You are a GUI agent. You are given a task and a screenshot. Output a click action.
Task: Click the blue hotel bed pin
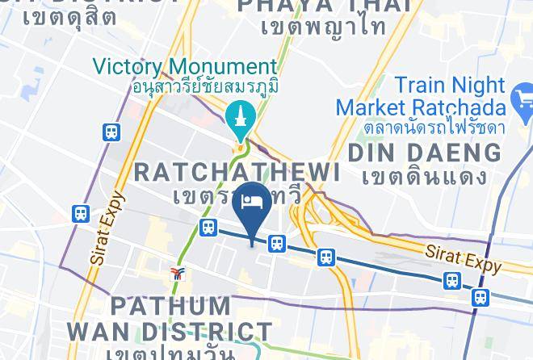coord(250,204)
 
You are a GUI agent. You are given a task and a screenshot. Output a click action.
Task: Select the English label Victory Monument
coord(184,67)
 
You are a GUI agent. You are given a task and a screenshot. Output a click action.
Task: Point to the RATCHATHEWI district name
coord(236,172)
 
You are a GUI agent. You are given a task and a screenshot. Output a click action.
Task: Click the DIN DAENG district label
coord(424,153)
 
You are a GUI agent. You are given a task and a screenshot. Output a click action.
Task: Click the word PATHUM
coord(170,307)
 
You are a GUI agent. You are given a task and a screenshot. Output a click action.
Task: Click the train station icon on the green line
coord(208,228)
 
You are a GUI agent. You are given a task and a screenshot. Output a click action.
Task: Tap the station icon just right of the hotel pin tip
coord(277,243)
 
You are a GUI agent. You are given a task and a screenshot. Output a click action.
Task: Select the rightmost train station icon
coord(480,296)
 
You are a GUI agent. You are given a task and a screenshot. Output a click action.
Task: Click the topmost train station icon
coord(111,131)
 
